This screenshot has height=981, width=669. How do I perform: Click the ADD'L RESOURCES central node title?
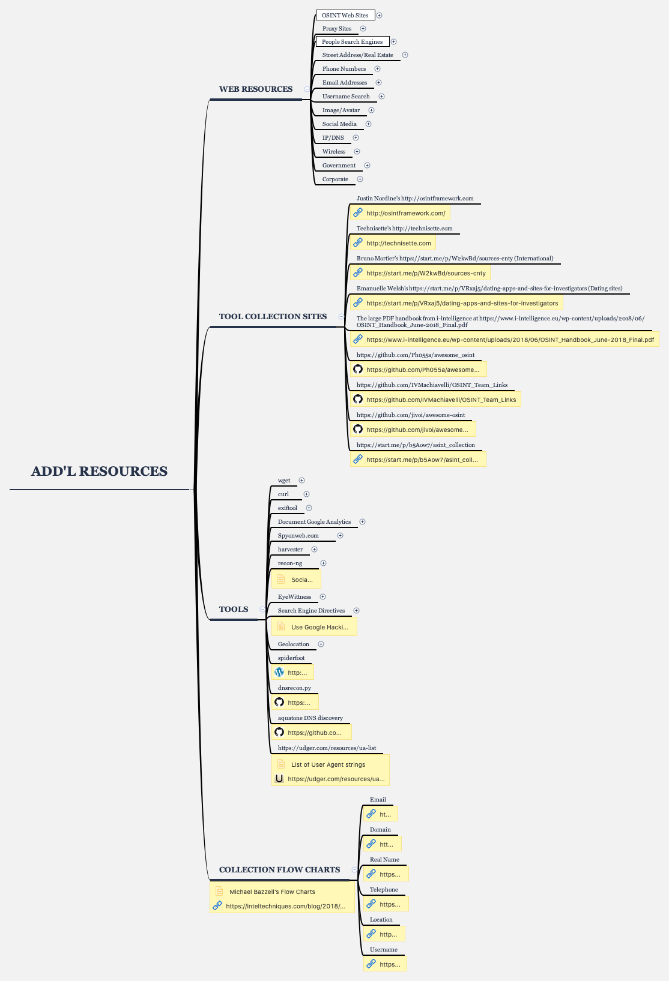pyautogui.click(x=99, y=472)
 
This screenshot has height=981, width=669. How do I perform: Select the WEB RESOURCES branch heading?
pyautogui.click(x=256, y=89)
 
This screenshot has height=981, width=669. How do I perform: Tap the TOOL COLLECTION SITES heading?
pyautogui.click(x=273, y=317)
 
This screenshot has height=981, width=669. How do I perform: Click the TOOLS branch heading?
pyautogui.click(x=234, y=610)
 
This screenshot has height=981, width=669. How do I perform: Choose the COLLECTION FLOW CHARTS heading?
pyautogui.click(x=279, y=870)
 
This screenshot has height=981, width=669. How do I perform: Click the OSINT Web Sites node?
pyautogui.click(x=345, y=15)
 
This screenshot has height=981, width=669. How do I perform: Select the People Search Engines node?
pyautogui.click(x=352, y=42)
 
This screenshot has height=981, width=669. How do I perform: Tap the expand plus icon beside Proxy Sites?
pyautogui.click(x=363, y=29)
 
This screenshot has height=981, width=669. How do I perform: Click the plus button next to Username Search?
pyautogui.click(x=381, y=97)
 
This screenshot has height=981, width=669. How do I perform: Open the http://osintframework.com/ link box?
pyautogui.click(x=405, y=213)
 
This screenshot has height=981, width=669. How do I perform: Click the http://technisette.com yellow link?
pyautogui.click(x=398, y=243)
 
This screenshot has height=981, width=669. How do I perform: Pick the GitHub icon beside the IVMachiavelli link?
pyautogui.click(x=358, y=400)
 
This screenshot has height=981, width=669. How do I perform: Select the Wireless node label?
pyautogui.click(x=334, y=152)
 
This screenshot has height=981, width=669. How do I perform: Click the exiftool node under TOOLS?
pyautogui.click(x=288, y=508)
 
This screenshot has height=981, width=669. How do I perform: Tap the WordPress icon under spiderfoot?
pyautogui.click(x=279, y=673)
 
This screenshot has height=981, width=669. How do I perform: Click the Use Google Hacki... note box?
pyautogui.click(x=319, y=627)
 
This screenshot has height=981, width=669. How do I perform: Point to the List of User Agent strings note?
pyautogui.click(x=328, y=764)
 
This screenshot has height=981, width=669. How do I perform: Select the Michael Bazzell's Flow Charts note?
pyautogui.click(x=272, y=892)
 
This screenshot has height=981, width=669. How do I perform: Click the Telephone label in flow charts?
pyautogui.click(x=384, y=890)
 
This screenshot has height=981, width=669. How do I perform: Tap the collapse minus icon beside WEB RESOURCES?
pyautogui.click(x=307, y=89)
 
